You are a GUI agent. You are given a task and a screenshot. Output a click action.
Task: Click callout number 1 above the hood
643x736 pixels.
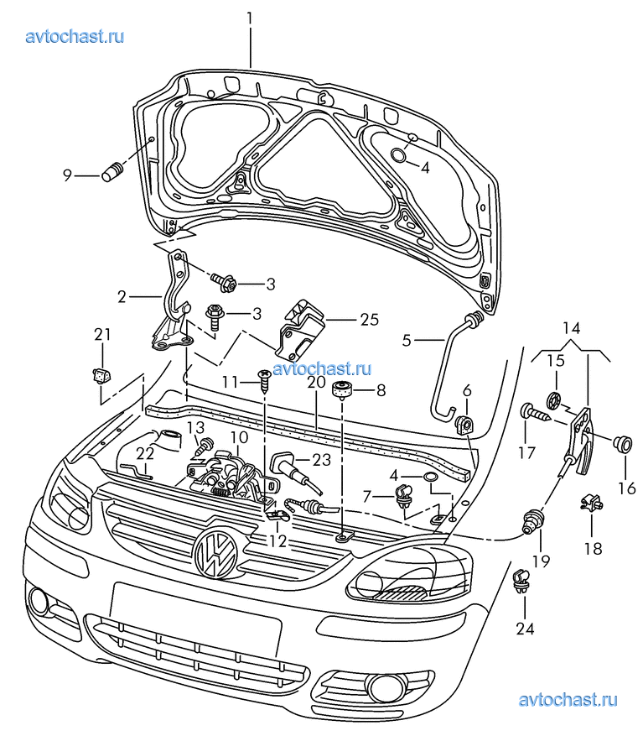click(250, 16)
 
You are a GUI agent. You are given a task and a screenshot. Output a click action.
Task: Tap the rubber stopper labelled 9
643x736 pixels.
click(112, 172)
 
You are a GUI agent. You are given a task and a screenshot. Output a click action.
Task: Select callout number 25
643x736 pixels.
click(369, 320)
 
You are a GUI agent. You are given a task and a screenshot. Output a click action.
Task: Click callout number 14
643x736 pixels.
click(570, 327)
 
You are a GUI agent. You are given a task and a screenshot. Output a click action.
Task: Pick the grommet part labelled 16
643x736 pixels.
click(622, 444)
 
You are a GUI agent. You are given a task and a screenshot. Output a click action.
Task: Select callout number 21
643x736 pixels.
click(102, 335)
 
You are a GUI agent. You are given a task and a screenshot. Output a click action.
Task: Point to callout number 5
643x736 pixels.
click(407, 340)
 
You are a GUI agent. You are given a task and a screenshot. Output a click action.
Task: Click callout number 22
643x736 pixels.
click(145, 453)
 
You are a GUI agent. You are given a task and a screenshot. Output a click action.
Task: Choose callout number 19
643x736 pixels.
click(541, 561)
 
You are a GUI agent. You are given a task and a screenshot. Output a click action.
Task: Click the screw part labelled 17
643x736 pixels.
click(532, 412)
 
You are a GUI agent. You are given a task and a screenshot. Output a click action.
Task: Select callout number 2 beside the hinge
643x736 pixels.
click(122, 296)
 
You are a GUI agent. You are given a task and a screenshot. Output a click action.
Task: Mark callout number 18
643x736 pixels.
click(593, 549)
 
